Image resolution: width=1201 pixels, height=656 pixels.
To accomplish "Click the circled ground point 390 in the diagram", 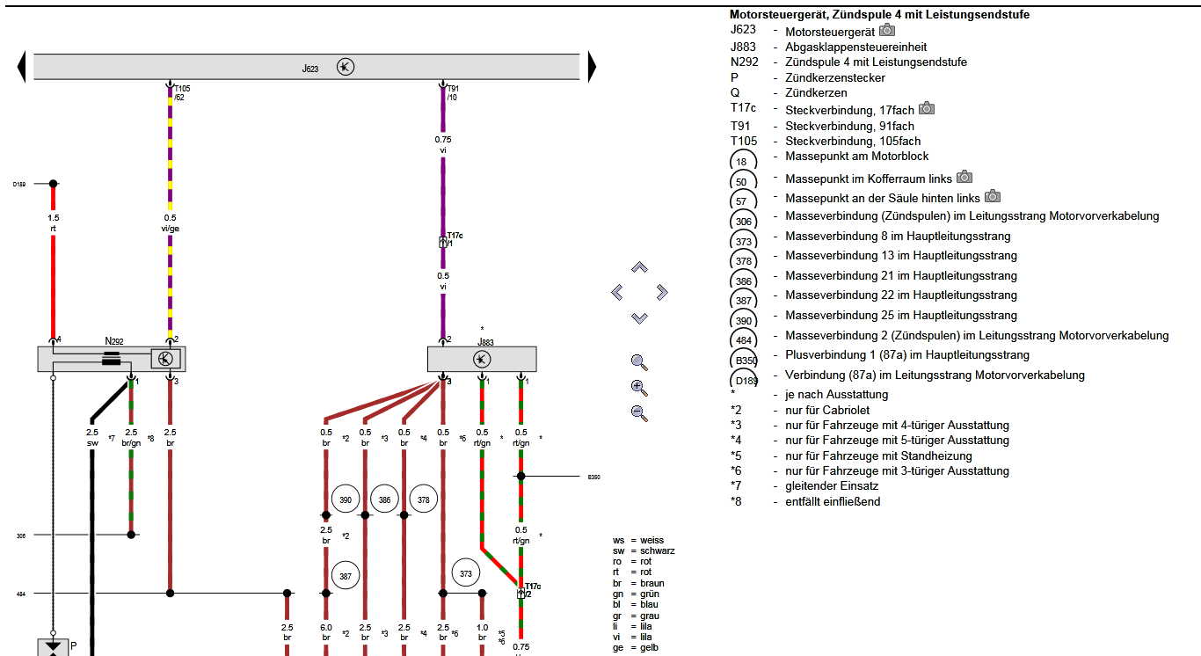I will pos(346,499).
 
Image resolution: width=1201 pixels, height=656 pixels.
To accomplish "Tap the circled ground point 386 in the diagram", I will pos(385,499).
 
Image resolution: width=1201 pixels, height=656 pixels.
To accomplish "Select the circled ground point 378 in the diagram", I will pos(424,499).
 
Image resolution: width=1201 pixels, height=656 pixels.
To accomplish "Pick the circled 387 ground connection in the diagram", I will pos(346,576).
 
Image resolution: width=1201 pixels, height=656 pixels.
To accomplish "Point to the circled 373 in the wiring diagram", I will pos(466,574).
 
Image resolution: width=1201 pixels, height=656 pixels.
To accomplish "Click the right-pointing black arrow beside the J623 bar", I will pos(592,67).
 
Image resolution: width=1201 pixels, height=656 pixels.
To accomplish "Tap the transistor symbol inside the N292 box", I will pos(165,358).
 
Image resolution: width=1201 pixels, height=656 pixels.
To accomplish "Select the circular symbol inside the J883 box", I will pos(482,359).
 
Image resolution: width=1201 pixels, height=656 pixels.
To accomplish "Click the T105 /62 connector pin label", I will pos(180,92).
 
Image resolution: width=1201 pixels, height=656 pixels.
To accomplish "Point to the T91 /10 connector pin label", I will pos(452,92).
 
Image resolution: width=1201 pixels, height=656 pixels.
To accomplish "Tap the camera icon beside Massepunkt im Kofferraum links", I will pos(964,177).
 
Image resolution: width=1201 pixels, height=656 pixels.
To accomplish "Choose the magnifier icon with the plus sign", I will pos(639,387).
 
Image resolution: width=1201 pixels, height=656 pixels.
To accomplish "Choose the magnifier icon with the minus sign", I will pos(639,412).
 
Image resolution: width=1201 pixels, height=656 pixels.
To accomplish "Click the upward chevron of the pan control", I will pos(639,267).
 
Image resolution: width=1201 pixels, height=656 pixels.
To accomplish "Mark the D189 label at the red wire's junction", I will pos(19,185).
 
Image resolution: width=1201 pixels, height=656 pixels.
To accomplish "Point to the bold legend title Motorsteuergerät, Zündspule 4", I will pos(879,15).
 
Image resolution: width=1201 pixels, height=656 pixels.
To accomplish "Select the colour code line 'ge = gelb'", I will pos(637,647).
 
